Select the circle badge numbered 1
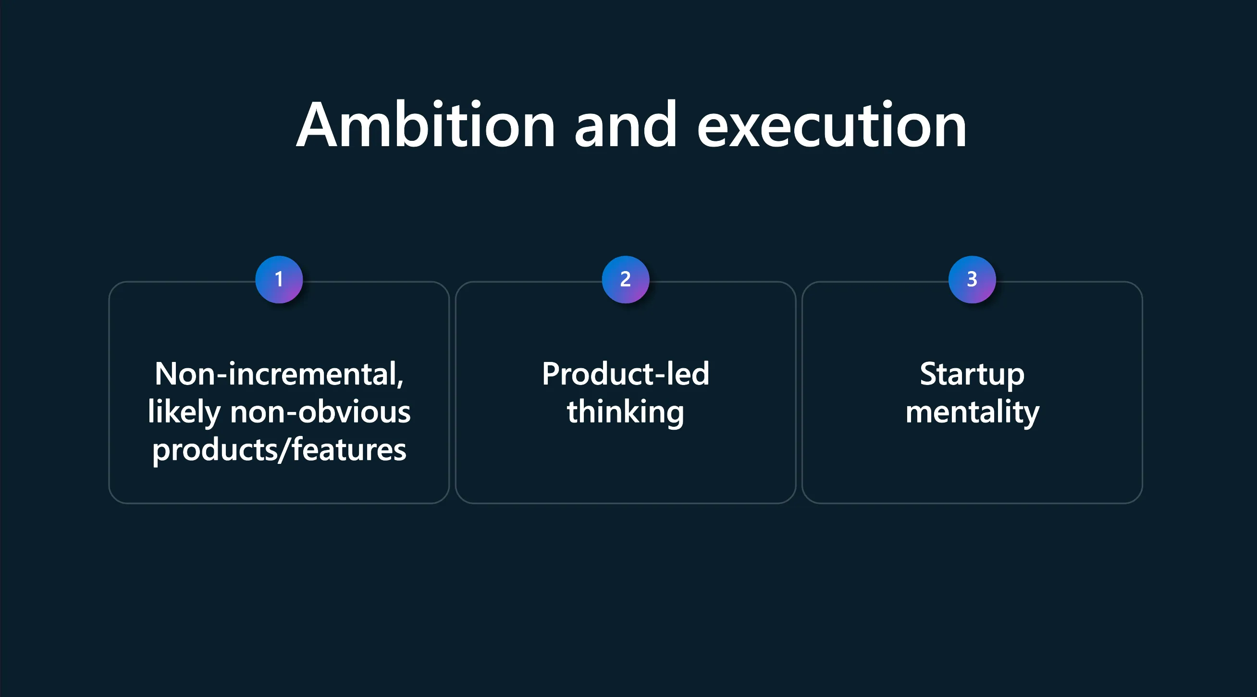[279, 280]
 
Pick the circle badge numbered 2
[626, 280]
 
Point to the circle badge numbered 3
[972, 280]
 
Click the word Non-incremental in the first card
[277, 374]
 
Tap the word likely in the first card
[185, 412]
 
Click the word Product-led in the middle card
[626, 374]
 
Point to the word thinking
[626, 412]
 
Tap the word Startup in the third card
[972, 375]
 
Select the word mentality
[973, 412]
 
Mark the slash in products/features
[284, 449]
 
